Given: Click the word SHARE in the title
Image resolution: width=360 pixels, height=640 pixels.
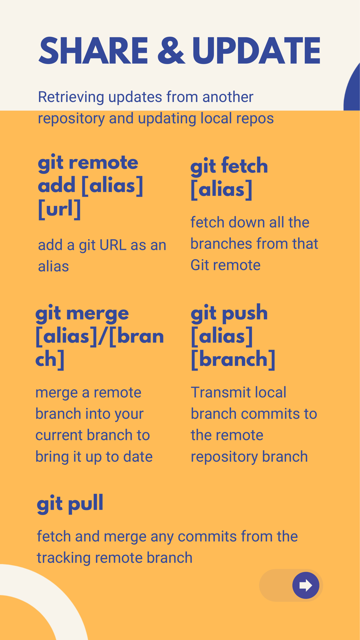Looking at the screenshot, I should click(x=93, y=51).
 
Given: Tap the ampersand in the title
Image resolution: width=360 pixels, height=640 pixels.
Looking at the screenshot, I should click(x=171, y=51).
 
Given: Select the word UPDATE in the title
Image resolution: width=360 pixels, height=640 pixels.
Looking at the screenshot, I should click(x=256, y=51).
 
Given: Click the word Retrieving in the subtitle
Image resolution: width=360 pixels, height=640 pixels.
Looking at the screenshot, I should click(x=71, y=97).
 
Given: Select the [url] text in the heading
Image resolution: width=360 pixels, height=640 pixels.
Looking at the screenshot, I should click(x=59, y=209).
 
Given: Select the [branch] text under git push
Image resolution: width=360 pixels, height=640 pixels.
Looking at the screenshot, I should click(x=233, y=359).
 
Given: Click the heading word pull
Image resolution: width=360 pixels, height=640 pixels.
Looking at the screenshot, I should click(x=86, y=503).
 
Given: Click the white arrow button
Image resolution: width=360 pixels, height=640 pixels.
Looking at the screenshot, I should click(x=306, y=585).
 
